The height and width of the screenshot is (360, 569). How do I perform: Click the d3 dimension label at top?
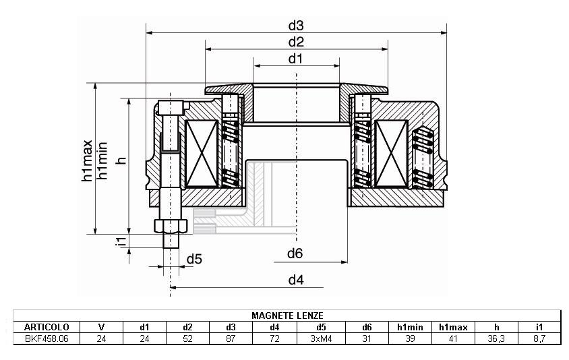click(x=296, y=26)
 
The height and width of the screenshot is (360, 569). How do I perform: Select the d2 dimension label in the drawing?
click(x=296, y=42)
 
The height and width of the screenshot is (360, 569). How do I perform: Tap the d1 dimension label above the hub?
click(x=295, y=59)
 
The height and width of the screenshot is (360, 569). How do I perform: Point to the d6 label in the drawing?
click(x=295, y=253)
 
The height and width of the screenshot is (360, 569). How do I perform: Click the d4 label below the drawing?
click(x=296, y=280)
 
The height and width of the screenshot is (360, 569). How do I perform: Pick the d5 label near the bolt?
click(x=194, y=259)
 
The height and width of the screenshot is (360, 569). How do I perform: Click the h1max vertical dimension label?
click(x=87, y=160)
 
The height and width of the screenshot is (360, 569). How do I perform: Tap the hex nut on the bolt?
click(x=171, y=226)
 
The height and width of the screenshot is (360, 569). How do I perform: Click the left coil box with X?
click(x=202, y=154)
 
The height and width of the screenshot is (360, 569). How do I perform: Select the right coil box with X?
click(x=391, y=154)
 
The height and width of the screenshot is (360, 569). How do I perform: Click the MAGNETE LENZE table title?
click(x=287, y=316)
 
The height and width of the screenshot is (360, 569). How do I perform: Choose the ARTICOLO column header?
click(x=47, y=327)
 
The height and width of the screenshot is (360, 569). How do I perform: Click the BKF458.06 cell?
click(x=47, y=338)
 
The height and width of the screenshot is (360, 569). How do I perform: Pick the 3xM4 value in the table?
click(x=321, y=338)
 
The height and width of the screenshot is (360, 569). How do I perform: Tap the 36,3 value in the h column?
click(x=496, y=338)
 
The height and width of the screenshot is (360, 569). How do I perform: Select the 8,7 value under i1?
click(x=539, y=338)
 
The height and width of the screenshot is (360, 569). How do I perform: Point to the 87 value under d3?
click(x=231, y=338)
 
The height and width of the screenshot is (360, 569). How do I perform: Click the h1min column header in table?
click(x=410, y=327)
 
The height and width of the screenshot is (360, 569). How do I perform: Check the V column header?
click(x=101, y=327)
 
